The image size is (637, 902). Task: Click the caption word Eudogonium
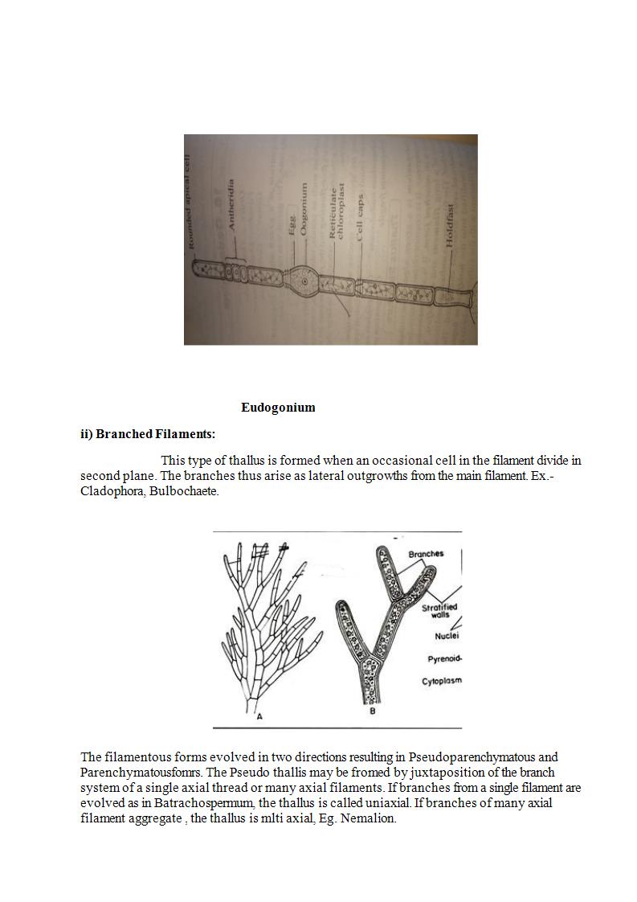pyautogui.click(x=278, y=408)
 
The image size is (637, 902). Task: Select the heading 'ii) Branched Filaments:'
pyautogui.click(x=148, y=434)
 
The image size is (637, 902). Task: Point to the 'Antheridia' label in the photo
pyautogui.click(x=233, y=206)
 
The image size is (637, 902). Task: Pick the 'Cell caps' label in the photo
pyautogui.click(x=361, y=218)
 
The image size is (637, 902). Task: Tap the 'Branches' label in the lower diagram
pyautogui.click(x=426, y=554)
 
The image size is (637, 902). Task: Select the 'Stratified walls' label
pyautogui.click(x=439, y=611)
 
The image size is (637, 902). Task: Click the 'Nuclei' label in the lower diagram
pyautogui.click(x=447, y=636)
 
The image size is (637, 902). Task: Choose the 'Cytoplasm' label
pyautogui.click(x=442, y=682)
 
